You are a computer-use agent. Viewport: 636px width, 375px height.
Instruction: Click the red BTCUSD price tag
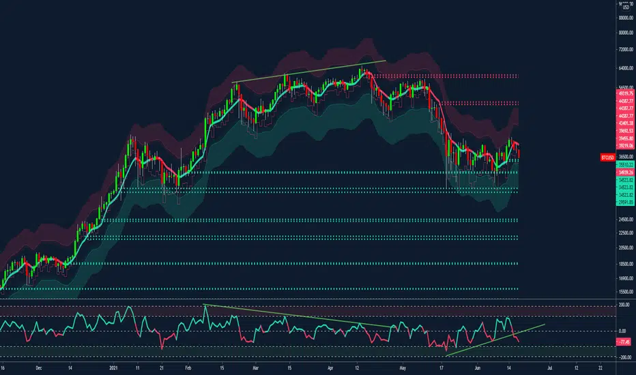tap(608, 157)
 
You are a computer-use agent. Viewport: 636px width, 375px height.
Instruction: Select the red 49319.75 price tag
tap(625, 94)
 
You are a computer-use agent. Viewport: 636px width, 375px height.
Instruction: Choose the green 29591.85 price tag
tap(625, 202)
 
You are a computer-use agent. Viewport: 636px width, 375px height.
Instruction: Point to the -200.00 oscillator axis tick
tap(624, 357)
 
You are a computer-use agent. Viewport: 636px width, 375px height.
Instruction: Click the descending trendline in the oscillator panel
tap(300, 316)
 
